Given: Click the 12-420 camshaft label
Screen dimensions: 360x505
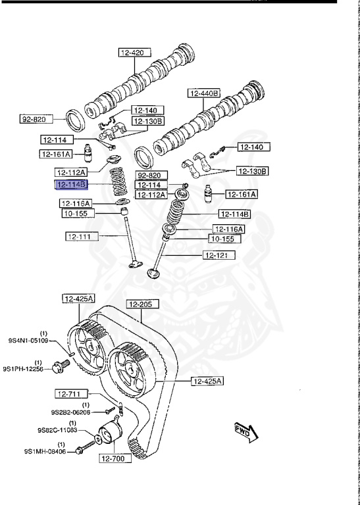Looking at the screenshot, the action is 135,53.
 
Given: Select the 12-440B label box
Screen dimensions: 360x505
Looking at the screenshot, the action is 204,93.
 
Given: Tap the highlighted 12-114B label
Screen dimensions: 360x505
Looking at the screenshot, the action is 72,185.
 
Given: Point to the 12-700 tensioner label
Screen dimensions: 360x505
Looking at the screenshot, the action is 115,458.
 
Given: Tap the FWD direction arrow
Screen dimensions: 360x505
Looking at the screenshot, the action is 247,432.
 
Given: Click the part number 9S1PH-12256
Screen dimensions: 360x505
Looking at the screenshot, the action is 23,369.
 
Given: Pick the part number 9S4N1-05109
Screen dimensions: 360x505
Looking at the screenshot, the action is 28,340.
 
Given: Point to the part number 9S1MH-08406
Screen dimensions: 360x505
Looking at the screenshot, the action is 45,452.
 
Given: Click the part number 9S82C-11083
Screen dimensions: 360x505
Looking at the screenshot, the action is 57,429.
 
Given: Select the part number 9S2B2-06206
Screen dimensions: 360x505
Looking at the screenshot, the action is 70,412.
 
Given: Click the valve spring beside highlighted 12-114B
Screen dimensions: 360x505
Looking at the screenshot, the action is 119,181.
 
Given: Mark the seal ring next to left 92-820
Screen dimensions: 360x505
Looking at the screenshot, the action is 76,120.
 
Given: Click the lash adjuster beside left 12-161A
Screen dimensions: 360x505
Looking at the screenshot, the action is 87,153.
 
